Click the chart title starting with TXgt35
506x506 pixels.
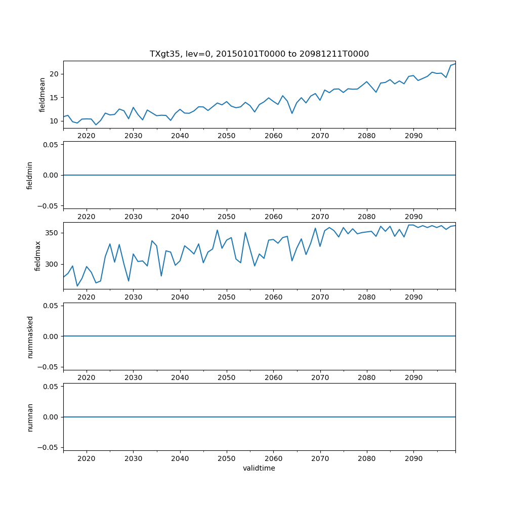point(259,54)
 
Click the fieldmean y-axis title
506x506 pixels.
point(43,95)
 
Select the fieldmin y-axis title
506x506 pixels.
point(30,175)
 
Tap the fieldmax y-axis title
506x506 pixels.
point(37,256)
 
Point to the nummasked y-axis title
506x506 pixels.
point(30,336)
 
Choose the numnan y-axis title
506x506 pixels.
point(30,417)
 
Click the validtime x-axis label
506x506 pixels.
point(259,468)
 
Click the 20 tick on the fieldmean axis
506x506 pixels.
point(55,74)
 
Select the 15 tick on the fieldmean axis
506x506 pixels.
point(55,98)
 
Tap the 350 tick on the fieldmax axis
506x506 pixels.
point(53,233)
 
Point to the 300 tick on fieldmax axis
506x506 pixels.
point(53,264)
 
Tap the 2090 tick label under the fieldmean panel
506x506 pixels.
point(413,136)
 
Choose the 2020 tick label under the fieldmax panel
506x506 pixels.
point(87,297)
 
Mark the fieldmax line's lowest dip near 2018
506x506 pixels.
point(77,286)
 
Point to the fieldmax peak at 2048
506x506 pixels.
point(217,230)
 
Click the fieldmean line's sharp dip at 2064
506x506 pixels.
point(292,113)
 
